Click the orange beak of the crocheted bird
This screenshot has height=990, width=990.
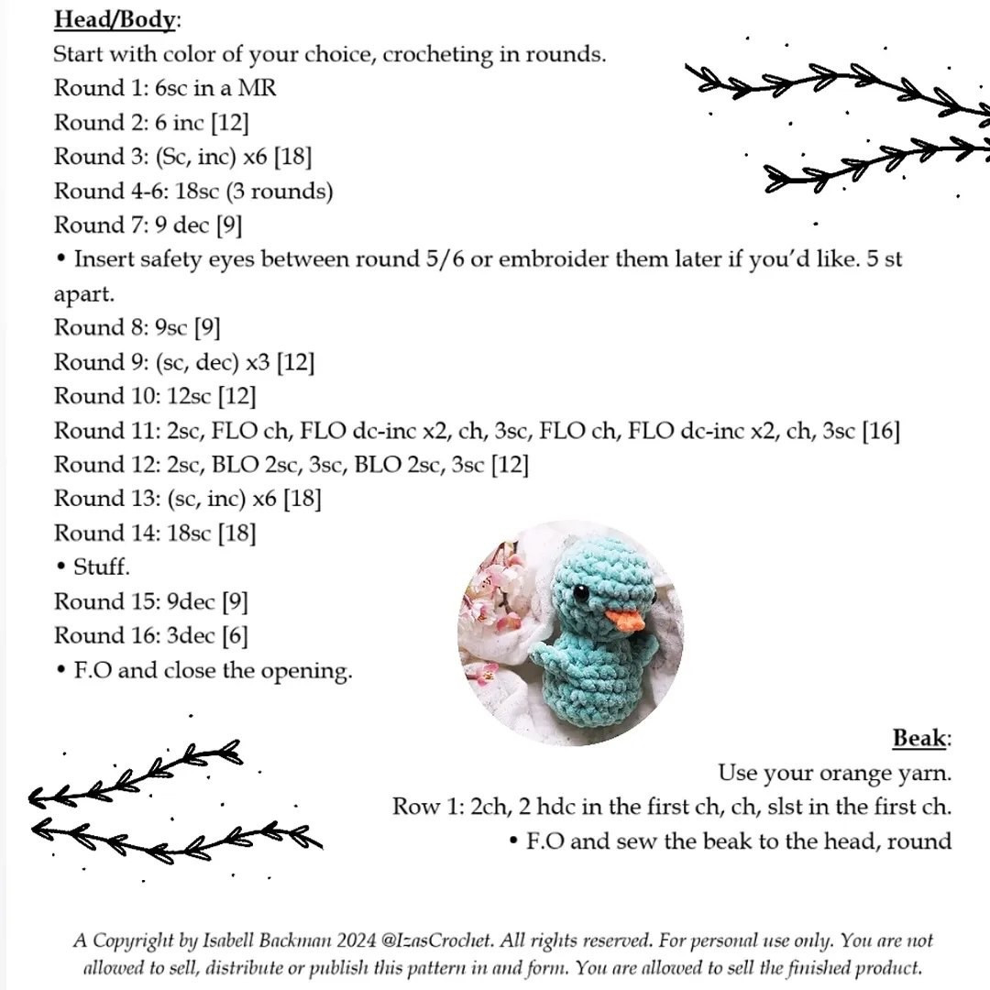tap(627, 621)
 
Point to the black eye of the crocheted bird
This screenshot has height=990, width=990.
tap(580, 593)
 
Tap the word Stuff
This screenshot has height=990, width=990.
tap(102, 567)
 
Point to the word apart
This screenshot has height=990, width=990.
tap(83, 294)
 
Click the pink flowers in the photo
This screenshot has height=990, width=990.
tap(490, 596)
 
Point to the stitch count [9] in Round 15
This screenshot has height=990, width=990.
tap(234, 602)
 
